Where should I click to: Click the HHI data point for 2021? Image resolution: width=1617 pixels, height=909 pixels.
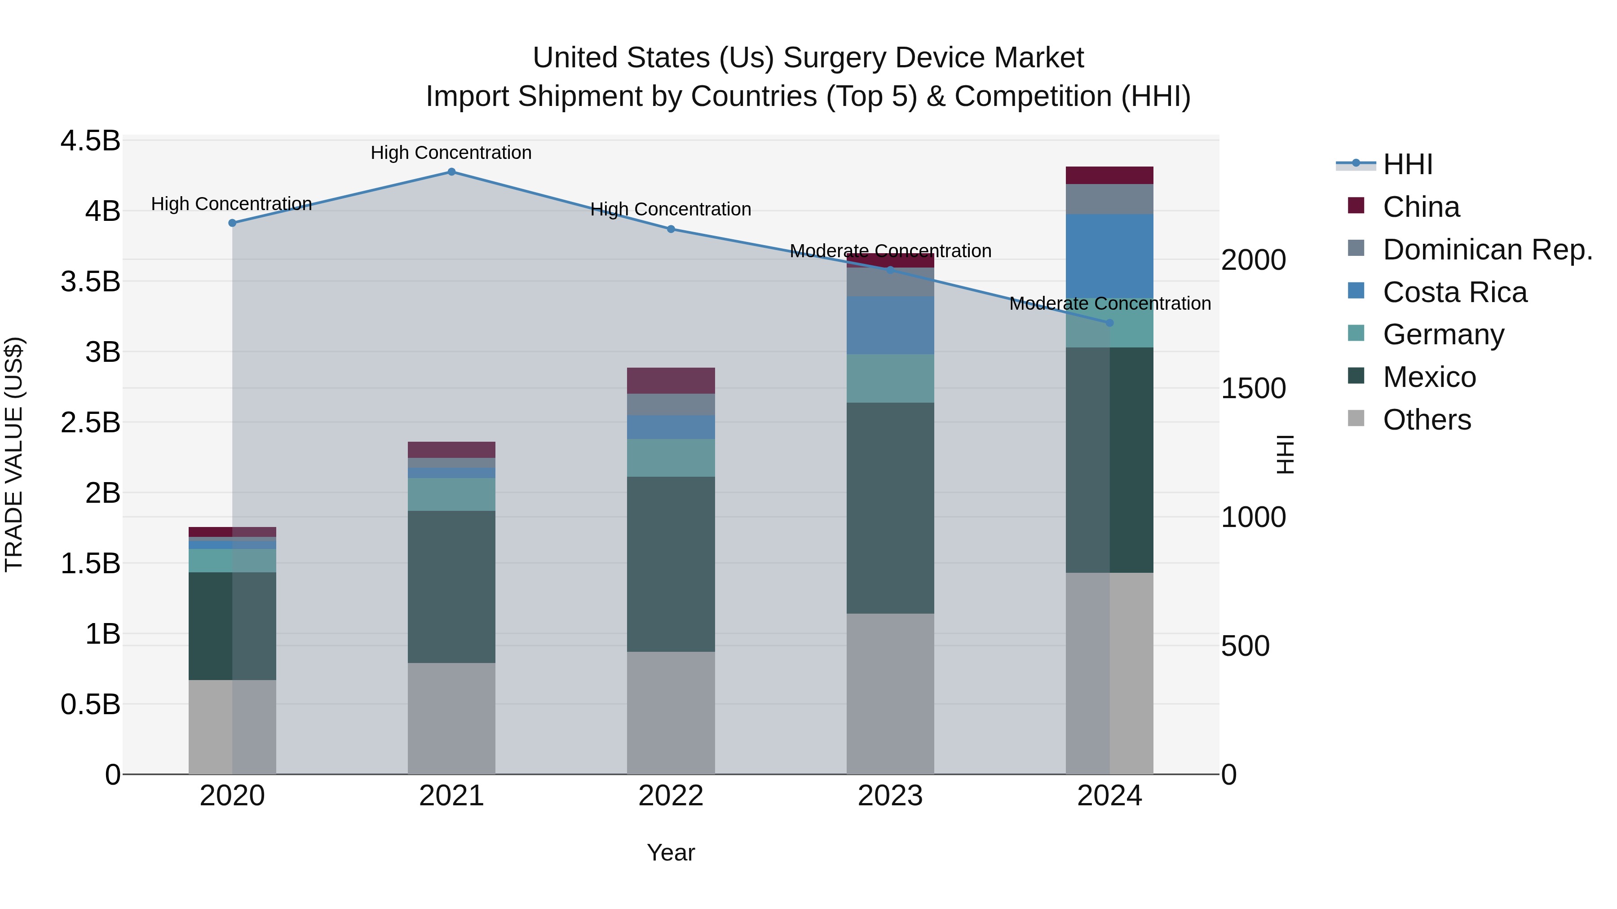[451, 171]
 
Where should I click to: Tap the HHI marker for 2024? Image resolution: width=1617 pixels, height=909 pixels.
[1109, 323]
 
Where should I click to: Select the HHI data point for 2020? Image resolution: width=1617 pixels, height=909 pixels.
[232, 223]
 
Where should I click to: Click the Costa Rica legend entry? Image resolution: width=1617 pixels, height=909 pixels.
[1454, 292]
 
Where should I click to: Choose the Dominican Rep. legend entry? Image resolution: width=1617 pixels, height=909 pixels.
[1487, 250]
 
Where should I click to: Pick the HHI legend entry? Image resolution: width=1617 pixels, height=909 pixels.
[1407, 164]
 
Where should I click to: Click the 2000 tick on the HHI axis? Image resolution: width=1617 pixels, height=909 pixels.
[1253, 260]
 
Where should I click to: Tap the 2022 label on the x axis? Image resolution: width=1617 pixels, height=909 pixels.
[671, 796]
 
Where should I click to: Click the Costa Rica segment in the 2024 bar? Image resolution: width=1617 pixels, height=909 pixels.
[1109, 255]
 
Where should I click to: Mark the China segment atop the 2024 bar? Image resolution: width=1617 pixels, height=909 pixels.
[1109, 175]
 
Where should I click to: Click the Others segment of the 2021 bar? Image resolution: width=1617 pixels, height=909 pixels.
[451, 718]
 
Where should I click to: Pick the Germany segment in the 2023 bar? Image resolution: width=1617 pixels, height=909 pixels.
[890, 378]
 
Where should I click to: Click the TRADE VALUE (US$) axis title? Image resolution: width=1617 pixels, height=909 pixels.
[14, 454]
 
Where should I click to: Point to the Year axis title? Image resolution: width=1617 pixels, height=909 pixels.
[671, 852]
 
